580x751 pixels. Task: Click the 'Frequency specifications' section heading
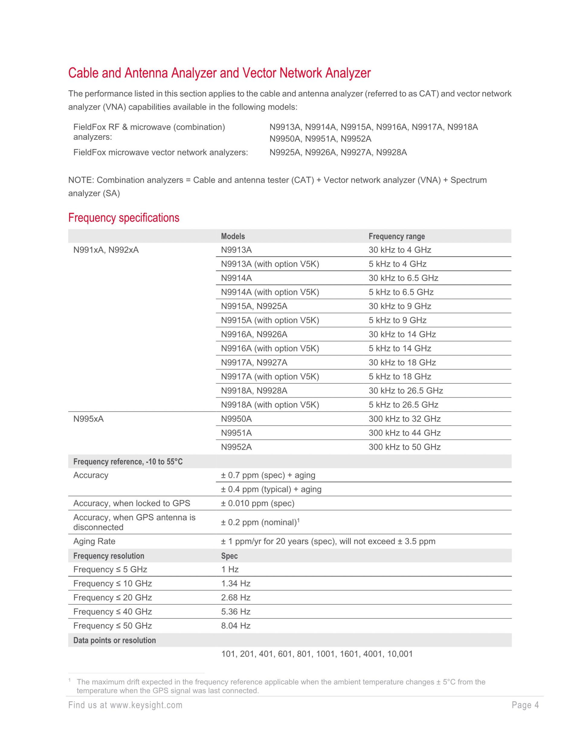pyautogui.click(x=124, y=218)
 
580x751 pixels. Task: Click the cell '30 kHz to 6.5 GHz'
pyautogui.click(x=403, y=278)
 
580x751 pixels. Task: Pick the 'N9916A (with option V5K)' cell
pyautogui.click(x=270, y=348)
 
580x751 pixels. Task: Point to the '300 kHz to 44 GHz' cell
pyautogui.click(x=404, y=433)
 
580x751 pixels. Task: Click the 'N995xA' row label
pyautogui.click(x=88, y=419)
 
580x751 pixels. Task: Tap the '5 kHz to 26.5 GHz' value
pyautogui.click(x=403, y=405)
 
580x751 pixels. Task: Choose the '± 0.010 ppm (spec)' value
pyautogui.click(x=258, y=503)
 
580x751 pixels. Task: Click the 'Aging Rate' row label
pyautogui.click(x=94, y=541)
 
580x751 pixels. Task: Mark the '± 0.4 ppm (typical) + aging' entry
pyautogui.click(x=271, y=489)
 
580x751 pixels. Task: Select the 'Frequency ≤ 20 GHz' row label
pyautogui.click(x=112, y=597)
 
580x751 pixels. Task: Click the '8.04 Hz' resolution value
pyautogui.click(x=236, y=626)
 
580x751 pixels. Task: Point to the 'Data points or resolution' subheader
pyautogui.click(x=114, y=640)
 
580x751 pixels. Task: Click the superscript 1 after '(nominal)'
pyautogui.click(x=298, y=520)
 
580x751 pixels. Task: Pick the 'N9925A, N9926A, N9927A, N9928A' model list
pyautogui.click(x=338, y=152)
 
